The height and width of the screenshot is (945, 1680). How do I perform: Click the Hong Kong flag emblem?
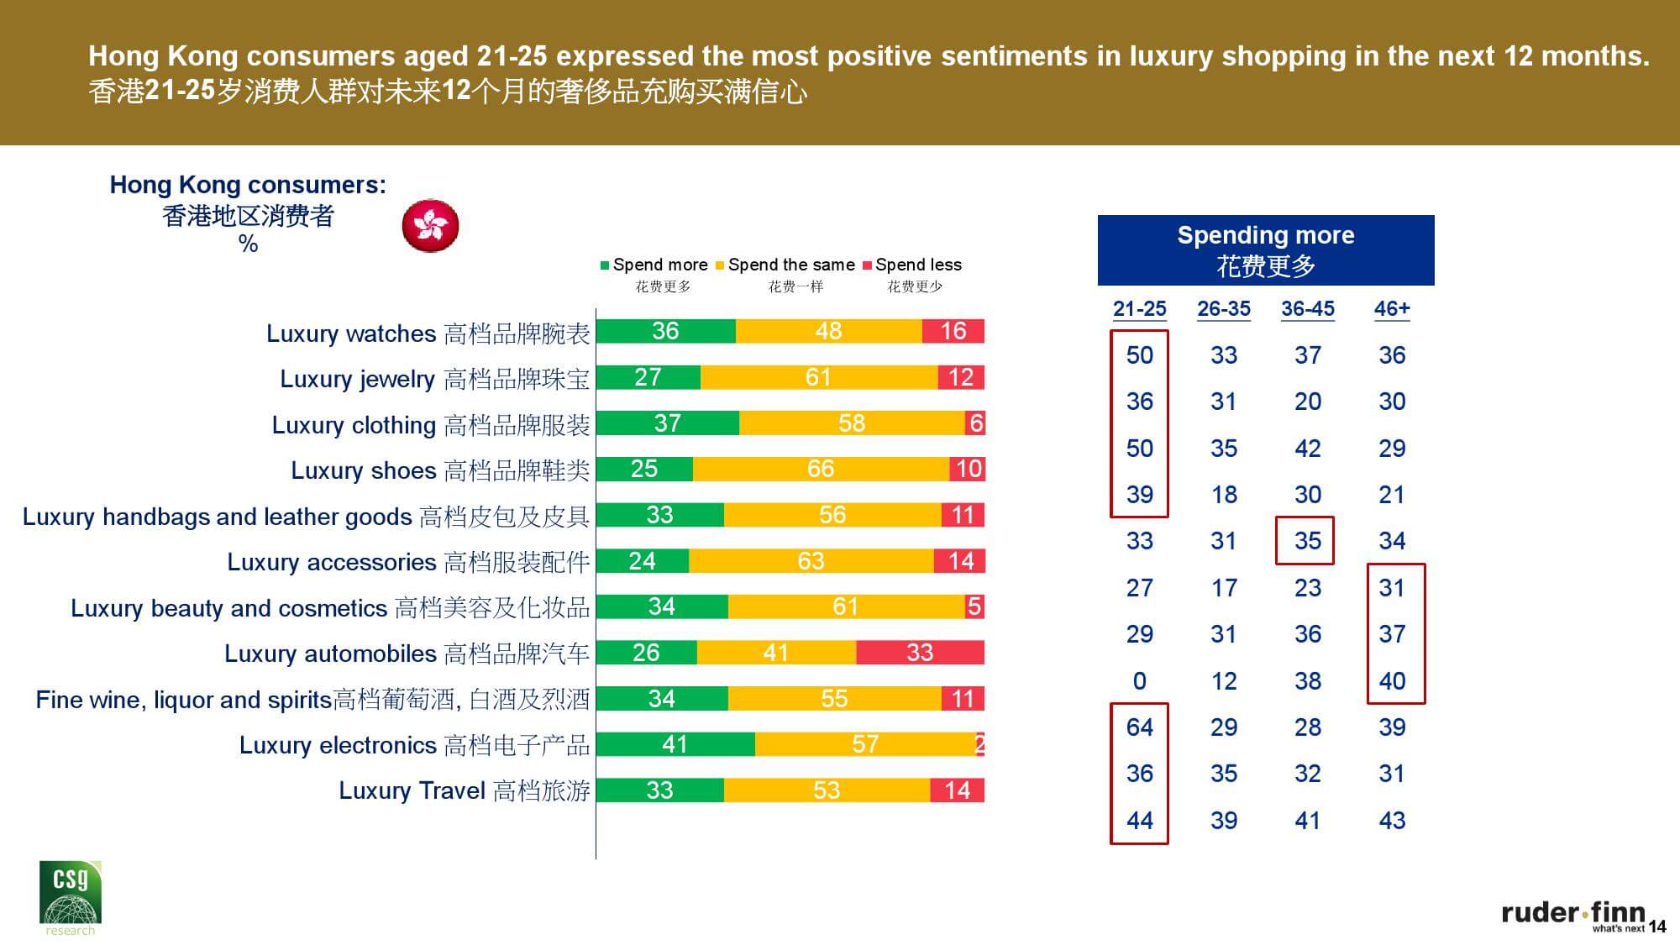click(x=430, y=226)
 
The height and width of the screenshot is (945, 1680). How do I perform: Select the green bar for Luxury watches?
click(x=665, y=331)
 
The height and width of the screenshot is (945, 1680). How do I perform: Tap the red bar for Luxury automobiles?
click(x=920, y=653)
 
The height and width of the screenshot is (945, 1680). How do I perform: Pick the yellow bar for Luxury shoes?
click(x=821, y=469)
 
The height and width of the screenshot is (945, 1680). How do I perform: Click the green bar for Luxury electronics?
click(x=675, y=744)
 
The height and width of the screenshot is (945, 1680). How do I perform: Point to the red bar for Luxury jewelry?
click(x=961, y=377)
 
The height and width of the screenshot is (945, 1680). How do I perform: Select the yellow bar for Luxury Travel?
click(x=827, y=790)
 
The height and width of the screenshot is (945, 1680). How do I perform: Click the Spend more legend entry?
click(x=655, y=265)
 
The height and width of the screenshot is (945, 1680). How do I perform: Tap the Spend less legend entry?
click(x=913, y=265)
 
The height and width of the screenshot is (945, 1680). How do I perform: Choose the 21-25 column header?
click(x=1139, y=309)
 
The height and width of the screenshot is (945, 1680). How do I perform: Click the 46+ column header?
click(x=1392, y=309)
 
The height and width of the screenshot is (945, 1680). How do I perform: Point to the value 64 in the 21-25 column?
click(x=1139, y=727)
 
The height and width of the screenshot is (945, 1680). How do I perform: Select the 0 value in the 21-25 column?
click(x=1139, y=681)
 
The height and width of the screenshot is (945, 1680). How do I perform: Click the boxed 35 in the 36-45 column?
click(x=1307, y=541)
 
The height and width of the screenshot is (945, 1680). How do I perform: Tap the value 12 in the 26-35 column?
click(x=1224, y=681)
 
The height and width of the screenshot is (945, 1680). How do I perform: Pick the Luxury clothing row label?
click(x=430, y=425)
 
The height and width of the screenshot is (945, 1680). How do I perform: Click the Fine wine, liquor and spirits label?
click(x=312, y=700)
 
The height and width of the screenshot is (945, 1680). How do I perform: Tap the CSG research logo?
click(x=70, y=897)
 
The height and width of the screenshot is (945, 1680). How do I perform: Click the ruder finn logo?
click(x=1572, y=914)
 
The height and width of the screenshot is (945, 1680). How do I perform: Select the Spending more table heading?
click(x=1265, y=250)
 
